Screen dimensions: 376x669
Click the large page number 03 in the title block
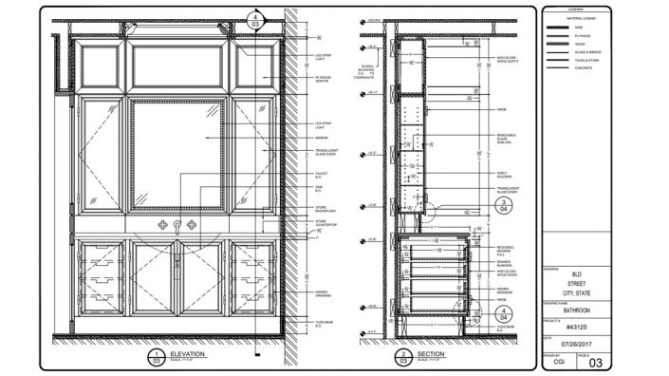[596, 362]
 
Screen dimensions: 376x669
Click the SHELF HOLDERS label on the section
[504, 174]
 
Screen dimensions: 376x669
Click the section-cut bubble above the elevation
[253, 18]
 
